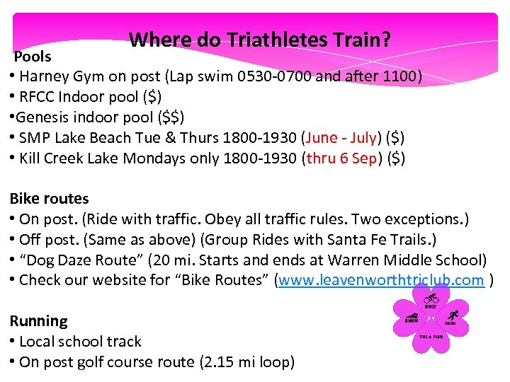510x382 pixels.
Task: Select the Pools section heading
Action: (x=33, y=56)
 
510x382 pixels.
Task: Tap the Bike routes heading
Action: (x=49, y=199)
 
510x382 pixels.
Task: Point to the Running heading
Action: (x=38, y=320)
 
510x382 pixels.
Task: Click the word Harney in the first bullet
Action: (x=45, y=76)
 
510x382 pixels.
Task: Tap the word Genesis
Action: (x=39, y=117)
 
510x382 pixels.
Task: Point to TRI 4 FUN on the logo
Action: (x=431, y=338)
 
